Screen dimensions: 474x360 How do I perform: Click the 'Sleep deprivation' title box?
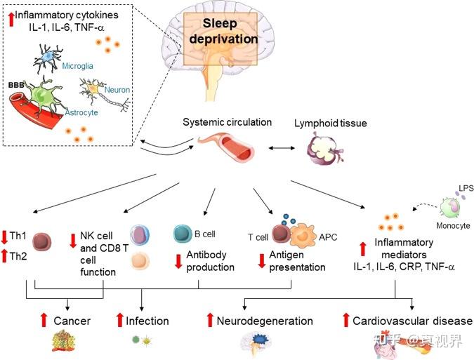pos(220,39)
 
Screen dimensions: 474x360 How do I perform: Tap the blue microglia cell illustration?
pos(48,58)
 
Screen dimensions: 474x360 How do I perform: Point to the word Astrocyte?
pos(81,113)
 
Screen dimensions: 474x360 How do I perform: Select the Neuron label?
pos(117,90)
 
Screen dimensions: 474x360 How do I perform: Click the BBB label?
pos(16,85)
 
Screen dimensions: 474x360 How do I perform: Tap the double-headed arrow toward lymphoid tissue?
pos(282,148)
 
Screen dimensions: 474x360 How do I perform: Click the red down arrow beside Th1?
pos(4,237)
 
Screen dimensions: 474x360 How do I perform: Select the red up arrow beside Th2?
pos(4,256)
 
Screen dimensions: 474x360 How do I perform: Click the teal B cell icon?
pos(183,234)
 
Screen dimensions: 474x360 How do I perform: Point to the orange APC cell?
pos(303,236)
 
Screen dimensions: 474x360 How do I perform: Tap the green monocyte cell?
pos(450,208)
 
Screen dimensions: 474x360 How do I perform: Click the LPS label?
pos(466,188)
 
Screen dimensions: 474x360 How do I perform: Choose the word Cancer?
pos(72,321)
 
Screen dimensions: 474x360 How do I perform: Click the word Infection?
pos(147,321)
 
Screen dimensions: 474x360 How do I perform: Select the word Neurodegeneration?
pos(265,321)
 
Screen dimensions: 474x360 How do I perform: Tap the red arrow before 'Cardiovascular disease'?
pos(345,320)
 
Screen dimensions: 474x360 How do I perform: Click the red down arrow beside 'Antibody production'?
pos(178,261)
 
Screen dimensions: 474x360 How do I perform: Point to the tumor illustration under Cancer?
pos(63,340)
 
